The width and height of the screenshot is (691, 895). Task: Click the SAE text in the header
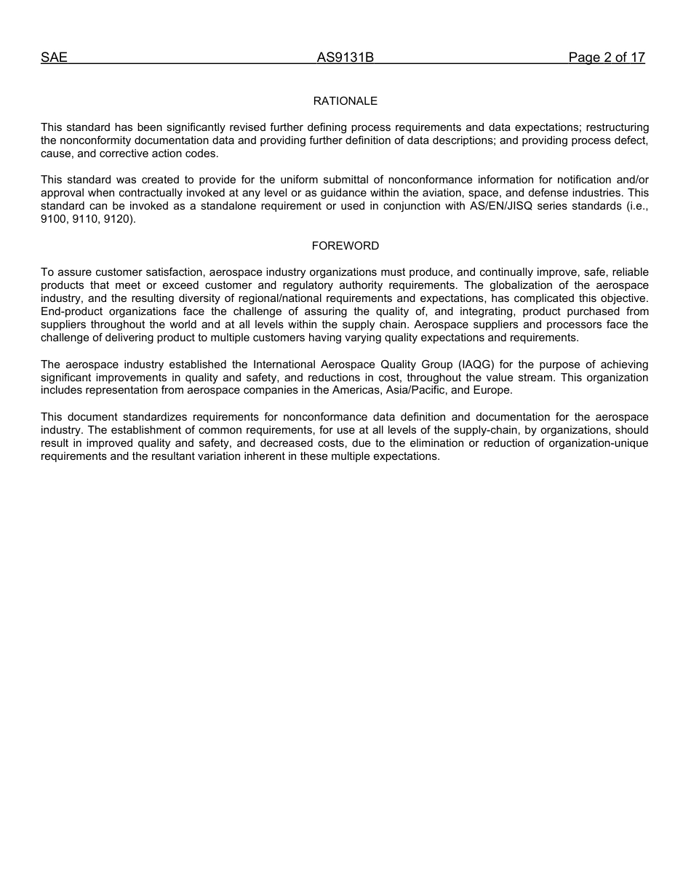(54, 57)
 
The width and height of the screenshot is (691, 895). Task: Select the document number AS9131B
(345, 57)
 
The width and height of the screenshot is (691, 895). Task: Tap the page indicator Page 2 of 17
(607, 57)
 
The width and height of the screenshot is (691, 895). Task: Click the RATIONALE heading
(345, 101)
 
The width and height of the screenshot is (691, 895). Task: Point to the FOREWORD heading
(345, 246)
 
